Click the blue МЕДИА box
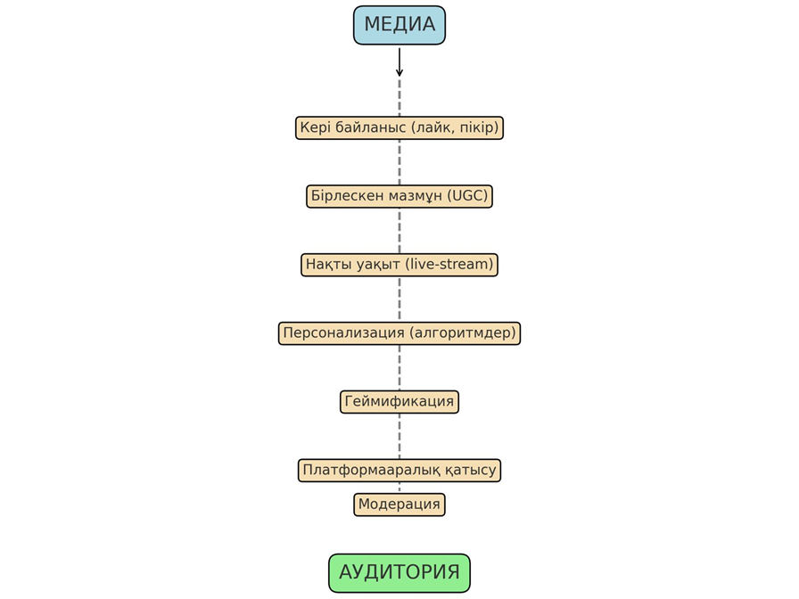(x=399, y=25)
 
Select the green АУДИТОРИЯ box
(x=399, y=572)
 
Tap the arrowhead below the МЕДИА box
(x=399, y=71)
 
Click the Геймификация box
(x=399, y=401)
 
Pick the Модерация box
(x=399, y=505)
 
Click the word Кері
(x=316, y=127)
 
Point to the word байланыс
(x=370, y=127)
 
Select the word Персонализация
(x=342, y=333)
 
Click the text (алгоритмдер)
(x=461, y=333)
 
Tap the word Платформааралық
(x=367, y=470)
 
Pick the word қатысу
(x=465, y=470)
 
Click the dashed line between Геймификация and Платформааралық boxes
(x=399, y=436)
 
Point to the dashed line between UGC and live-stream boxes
(x=399, y=230)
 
